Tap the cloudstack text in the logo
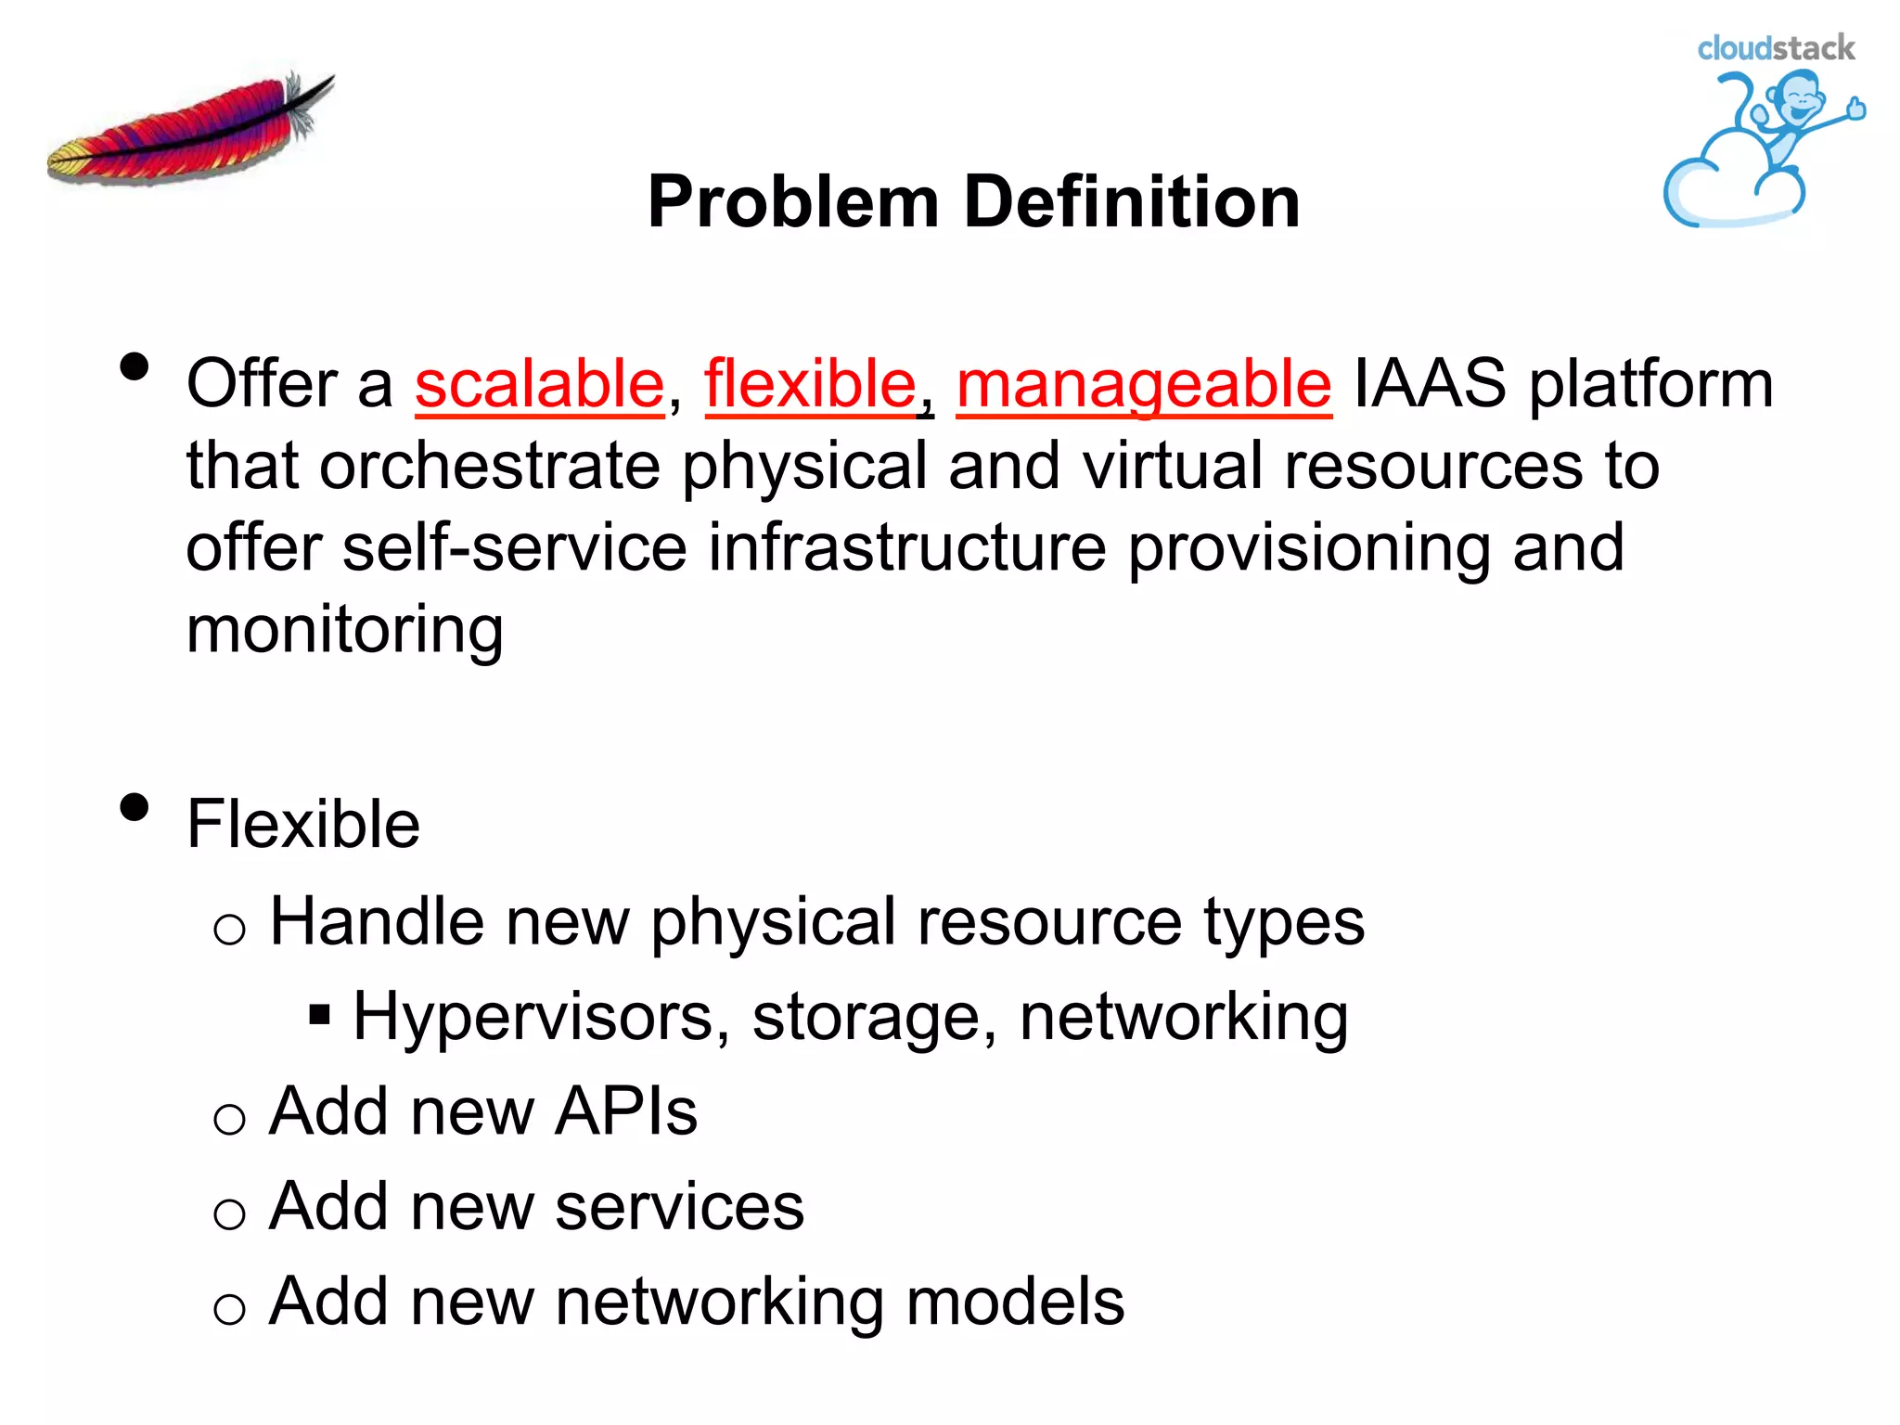click(1775, 48)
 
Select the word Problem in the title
click(793, 202)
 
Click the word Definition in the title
click(1131, 202)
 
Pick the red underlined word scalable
click(539, 384)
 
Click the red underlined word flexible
click(810, 384)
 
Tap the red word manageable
click(1143, 384)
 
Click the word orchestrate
click(489, 465)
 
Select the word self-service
click(515, 546)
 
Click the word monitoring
click(344, 630)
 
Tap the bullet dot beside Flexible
click(135, 807)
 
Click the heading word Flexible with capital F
click(302, 824)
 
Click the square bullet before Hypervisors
click(320, 1015)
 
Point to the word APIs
click(625, 1111)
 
